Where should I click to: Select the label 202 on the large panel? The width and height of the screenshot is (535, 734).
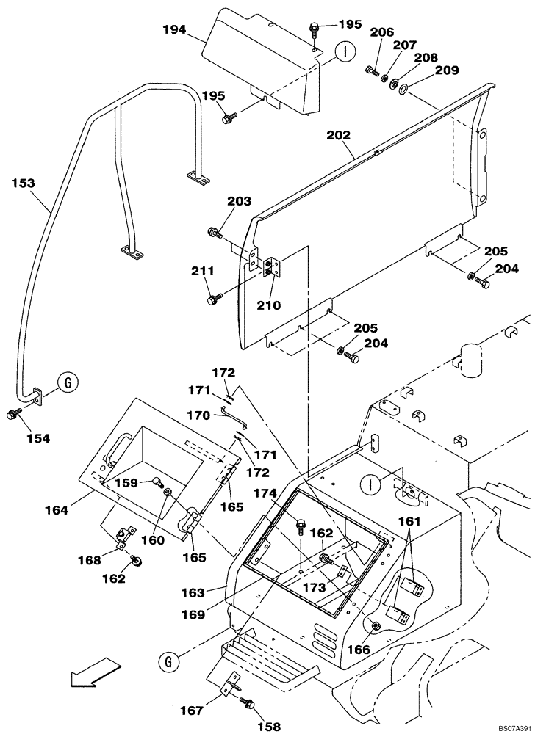(x=339, y=135)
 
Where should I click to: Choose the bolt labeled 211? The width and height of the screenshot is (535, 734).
(x=215, y=299)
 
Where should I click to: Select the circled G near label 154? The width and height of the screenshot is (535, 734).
(x=66, y=382)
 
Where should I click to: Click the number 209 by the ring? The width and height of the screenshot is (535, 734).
(x=446, y=70)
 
